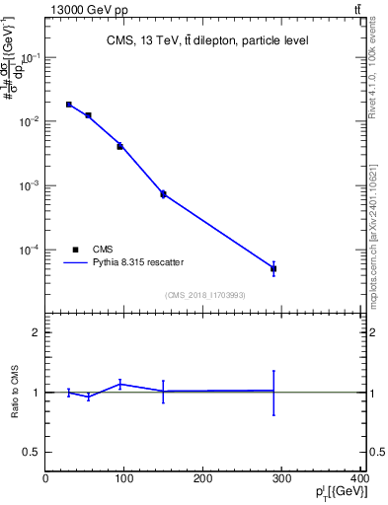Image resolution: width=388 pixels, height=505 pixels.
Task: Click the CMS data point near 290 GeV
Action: pos(273,268)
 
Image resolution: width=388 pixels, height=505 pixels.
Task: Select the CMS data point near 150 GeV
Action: pos(163,193)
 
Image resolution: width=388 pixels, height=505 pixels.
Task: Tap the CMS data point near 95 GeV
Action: pos(119,146)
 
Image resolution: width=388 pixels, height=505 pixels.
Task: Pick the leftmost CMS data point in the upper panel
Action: pos(69,104)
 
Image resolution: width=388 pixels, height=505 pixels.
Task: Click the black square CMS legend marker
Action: pos(75,250)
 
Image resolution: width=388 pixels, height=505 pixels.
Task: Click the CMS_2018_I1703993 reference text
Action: pos(204,295)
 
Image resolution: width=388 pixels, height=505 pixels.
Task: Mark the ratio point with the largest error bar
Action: pos(273,392)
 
